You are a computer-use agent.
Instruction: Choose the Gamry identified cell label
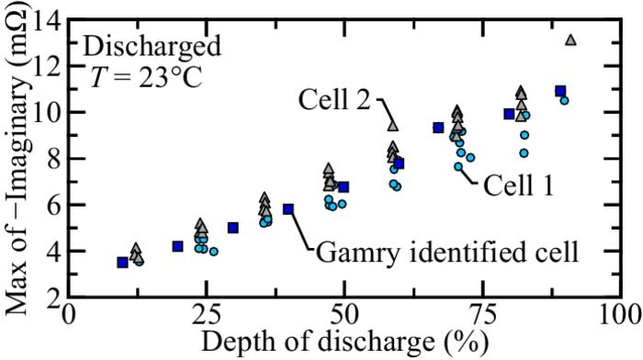point(446,251)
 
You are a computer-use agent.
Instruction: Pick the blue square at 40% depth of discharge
point(288,208)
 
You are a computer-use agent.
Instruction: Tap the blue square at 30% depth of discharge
point(233,228)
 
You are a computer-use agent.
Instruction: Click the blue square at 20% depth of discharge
point(178,246)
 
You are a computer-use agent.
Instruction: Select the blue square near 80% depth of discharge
point(509,114)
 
